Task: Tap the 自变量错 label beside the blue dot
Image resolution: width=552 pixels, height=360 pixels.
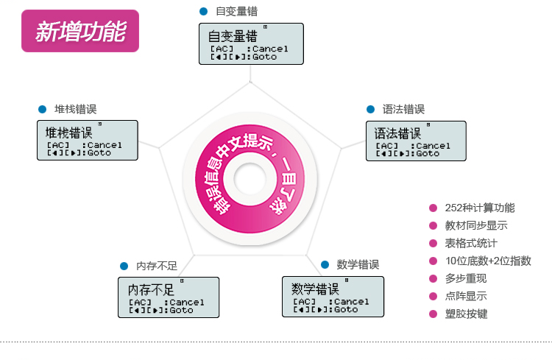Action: coord(236,12)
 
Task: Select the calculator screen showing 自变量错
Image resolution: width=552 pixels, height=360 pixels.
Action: coord(251,44)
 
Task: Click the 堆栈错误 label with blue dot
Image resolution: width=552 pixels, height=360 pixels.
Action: coord(75,109)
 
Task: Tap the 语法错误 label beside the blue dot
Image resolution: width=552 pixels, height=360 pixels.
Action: coord(403,109)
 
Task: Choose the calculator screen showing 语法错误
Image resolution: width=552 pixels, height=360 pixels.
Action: coord(416,141)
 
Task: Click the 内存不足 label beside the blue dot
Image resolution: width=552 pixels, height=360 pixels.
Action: coord(157,265)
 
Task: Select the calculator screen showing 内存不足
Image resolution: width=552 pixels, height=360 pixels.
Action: coord(169,297)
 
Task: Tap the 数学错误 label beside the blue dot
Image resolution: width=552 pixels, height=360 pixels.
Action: coord(358,264)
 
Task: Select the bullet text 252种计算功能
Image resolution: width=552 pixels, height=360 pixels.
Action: coord(480,208)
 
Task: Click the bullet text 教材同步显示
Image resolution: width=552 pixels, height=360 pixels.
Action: coord(476,225)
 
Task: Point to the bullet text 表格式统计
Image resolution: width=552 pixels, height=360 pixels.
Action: coord(471,243)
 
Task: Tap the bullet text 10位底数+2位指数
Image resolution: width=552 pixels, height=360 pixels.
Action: coord(488,261)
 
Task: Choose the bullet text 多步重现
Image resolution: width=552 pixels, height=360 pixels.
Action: coord(466,278)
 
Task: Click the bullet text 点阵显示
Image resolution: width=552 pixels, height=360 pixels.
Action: coord(466,296)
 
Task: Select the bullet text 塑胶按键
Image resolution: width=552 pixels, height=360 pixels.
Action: coord(466,314)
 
